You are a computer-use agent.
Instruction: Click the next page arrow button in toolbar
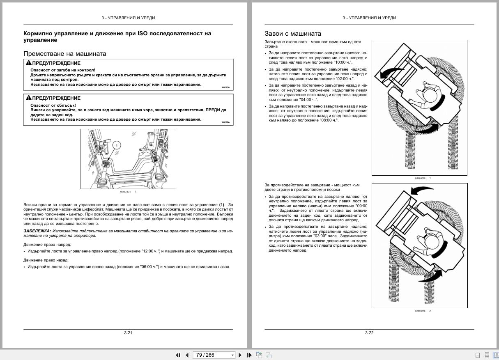coord(240,355)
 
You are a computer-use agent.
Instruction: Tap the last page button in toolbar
coord(249,355)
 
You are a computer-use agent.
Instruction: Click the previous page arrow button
coord(187,355)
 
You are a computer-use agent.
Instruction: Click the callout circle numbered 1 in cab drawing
coord(117,145)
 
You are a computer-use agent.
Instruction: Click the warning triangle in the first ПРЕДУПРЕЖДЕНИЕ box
coord(28,63)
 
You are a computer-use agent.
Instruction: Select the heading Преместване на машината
coord(65,54)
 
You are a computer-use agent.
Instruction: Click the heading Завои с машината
coord(293,34)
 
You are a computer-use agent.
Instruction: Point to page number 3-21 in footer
coord(128,333)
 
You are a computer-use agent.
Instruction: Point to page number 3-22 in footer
coord(369,333)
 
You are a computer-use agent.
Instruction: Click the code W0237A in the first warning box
coord(225,87)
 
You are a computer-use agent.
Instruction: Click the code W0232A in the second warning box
coord(225,122)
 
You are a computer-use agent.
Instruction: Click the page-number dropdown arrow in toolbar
coord(232,355)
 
